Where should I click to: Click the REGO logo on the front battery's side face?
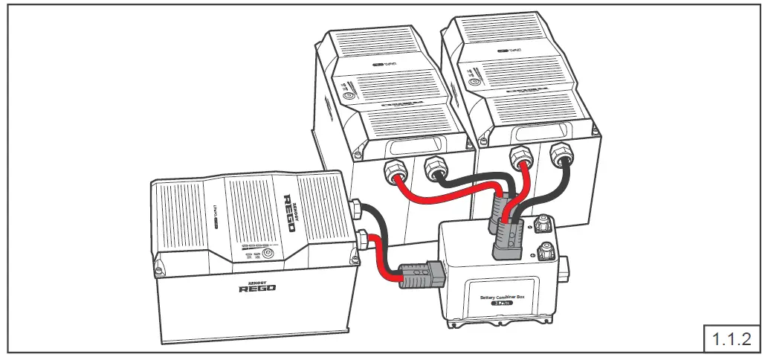(256, 286)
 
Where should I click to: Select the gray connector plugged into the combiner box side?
(420, 274)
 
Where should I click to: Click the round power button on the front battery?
(268, 253)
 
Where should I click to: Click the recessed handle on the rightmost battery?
(549, 133)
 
